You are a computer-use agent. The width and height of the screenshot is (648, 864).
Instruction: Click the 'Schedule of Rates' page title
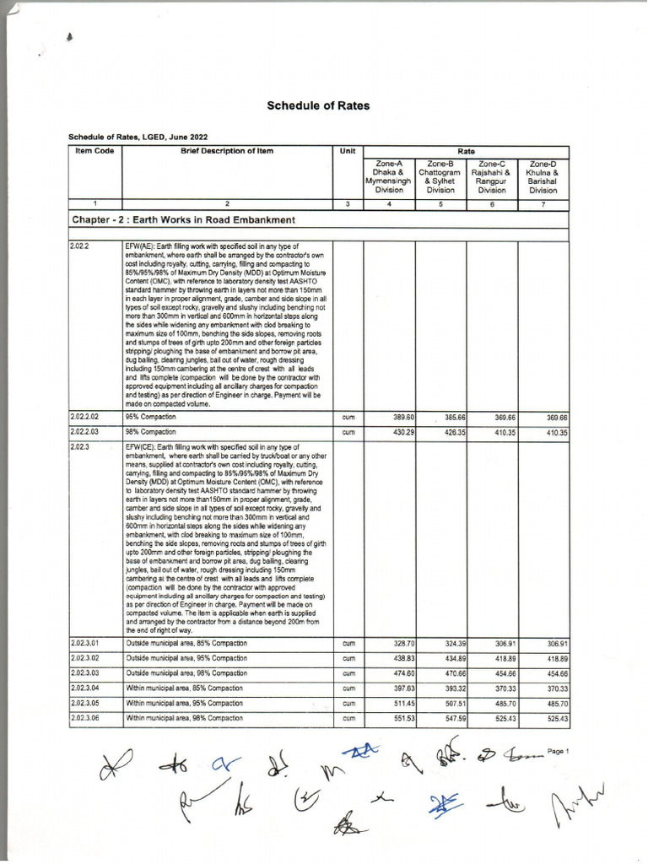[x=318, y=106]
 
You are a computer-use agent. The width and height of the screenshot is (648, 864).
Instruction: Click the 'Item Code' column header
[x=94, y=151]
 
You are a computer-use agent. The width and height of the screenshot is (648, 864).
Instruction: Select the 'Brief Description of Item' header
[x=227, y=151]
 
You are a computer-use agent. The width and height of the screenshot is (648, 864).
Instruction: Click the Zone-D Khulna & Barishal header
[x=543, y=177]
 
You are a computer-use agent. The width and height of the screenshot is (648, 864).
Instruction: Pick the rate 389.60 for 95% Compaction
[x=403, y=418]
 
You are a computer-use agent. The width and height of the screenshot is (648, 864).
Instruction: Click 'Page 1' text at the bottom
[x=559, y=750]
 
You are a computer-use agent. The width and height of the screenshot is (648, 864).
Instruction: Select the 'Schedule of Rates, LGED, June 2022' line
[x=138, y=137]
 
